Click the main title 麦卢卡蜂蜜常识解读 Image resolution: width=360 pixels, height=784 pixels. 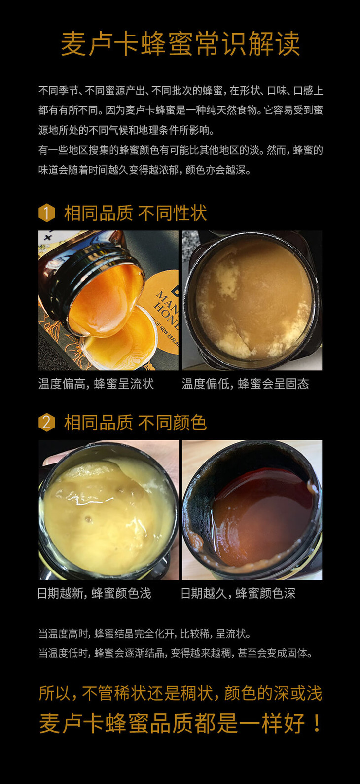pyautogui.click(x=180, y=44)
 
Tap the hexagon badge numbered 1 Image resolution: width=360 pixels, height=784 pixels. pyautogui.click(x=46, y=213)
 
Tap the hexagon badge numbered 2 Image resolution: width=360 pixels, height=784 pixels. pyautogui.click(x=46, y=423)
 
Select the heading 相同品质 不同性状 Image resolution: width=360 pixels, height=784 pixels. pyautogui.click(x=135, y=213)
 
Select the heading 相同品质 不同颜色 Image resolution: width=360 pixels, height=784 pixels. pyautogui.click(x=135, y=423)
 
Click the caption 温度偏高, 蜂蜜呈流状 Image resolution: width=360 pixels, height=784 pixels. pyautogui.click(x=96, y=384)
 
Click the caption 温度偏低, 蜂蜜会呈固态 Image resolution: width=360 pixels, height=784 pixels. pyautogui.click(x=245, y=384)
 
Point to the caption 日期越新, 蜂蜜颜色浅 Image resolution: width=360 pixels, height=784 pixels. pyautogui.click(x=94, y=593)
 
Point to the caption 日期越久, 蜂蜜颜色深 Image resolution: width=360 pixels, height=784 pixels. pyautogui.click(x=238, y=593)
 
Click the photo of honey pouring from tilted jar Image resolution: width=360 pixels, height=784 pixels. pyautogui.click(x=108, y=300)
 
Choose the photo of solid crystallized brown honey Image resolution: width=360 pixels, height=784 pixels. pyautogui.click(x=252, y=300)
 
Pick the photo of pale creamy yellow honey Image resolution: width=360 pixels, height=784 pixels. pyautogui.click(x=108, y=510)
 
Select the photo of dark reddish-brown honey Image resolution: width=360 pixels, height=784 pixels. pyautogui.click(x=252, y=510)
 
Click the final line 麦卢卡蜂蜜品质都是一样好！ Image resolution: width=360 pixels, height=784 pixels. pyautogui.click(x=180, y=723)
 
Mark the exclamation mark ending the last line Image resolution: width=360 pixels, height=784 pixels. pyautogui.click(x=316, y=723)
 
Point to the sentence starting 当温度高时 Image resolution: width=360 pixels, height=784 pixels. pyautogui.click(x=145, y=634)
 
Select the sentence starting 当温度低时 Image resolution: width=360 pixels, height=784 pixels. pyautogui.click(x=176, y=653)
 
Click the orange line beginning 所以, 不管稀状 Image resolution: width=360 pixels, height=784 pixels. pyautogui.click(x=180, y=693)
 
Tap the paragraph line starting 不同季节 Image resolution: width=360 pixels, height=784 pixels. pyautogui.click(x=180, y=91)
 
